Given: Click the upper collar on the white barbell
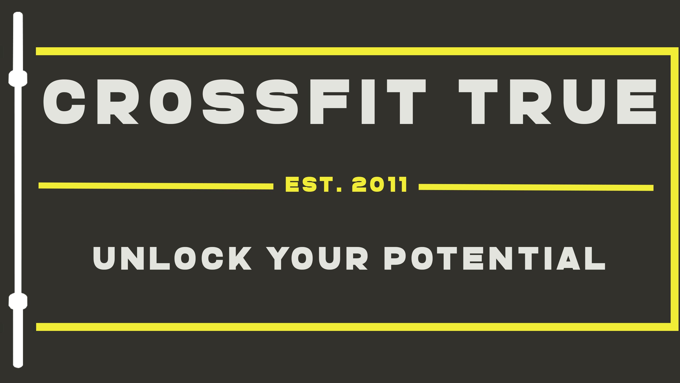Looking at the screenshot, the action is [18, 78].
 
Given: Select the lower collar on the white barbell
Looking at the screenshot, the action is [18, 301].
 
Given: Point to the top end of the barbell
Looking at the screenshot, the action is [18, 13].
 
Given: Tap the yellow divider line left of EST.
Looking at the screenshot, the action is [156, 186].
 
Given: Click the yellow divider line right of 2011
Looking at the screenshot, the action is [536, 187].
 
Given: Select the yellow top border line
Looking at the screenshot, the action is [357, 51].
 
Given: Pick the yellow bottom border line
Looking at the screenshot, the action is [357, 327].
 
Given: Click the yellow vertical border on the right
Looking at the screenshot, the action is [674, 189].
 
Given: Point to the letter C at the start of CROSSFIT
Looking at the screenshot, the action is [64, 102].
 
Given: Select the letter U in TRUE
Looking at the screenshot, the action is [584, 102].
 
